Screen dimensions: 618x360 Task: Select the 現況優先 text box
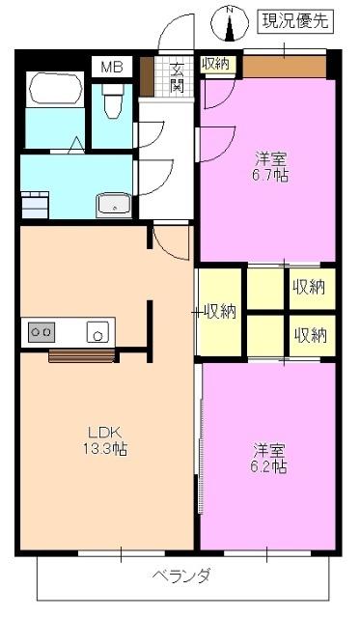click(295, 20)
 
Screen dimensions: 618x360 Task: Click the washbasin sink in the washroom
click(114, 204)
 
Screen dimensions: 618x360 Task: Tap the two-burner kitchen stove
click(42, 332)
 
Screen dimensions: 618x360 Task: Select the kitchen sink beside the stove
click(98, 332)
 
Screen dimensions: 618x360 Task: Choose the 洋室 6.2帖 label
click(269, 458)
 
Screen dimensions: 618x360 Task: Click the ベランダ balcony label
click(181, 576)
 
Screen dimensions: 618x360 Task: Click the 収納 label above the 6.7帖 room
click(215, 64)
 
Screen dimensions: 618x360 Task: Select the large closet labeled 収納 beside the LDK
click(219, 311)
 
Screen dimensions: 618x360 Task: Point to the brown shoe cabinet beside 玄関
click(148, 76)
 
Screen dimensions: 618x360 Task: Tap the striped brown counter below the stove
click(82, 354)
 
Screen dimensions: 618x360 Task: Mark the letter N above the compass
click(231, 10)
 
